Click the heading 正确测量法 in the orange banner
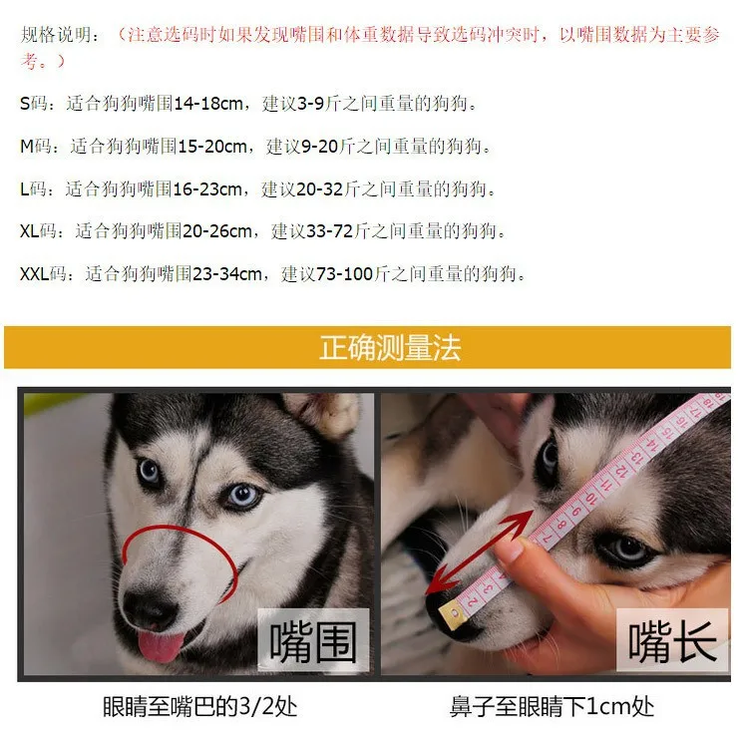(x=389, y=348)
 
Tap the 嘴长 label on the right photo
(x=672, y=639)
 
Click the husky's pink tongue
(x=160, y=646)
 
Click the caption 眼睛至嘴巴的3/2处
(x=200, y=707)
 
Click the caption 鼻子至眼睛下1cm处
(x=552, y=707)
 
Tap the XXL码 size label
(x=47, y=274)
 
